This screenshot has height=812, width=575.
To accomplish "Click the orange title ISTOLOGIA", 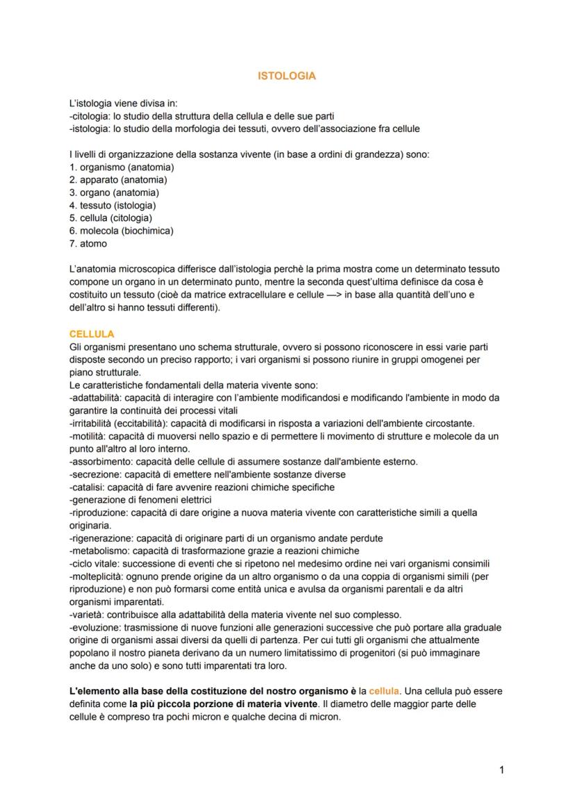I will click(x=286, y=76).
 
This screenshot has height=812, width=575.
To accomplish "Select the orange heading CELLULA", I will click(x=92, y=334).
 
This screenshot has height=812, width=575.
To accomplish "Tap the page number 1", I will click(x=501, y=769).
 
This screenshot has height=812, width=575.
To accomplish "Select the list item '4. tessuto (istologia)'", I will click(x=112, y=206).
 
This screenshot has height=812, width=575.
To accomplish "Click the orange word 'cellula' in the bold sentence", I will click(x=383, y=692).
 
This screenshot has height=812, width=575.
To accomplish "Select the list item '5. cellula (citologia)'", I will click(x=110, y=218).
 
